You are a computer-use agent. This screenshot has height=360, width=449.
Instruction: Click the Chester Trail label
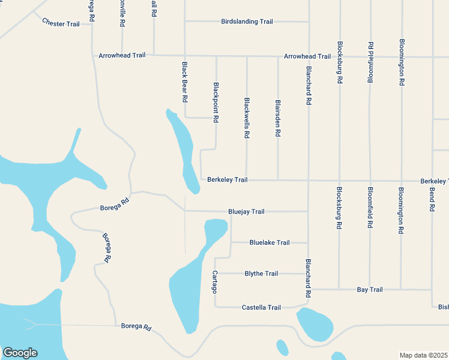tap(61, 23)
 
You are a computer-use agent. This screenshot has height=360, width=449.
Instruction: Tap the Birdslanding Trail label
tap(247, 22)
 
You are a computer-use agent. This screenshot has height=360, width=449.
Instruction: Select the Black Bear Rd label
tap(185, 82)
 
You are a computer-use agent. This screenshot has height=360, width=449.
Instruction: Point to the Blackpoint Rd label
tap(215, 102)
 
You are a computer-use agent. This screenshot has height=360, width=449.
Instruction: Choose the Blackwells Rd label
tap(247, 118)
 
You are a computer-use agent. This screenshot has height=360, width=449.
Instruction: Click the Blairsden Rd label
tap(277, 119)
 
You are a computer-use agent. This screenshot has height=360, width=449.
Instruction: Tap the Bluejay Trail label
tap(246, 212)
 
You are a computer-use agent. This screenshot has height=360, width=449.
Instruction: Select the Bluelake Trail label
tap(270, 243)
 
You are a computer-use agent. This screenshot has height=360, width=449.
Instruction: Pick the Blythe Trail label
tap(261, 274)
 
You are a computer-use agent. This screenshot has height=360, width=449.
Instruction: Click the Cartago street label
tap(214, 281)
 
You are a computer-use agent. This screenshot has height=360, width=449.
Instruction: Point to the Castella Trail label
tap(261, 308)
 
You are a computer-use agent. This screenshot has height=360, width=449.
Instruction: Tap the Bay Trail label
tap(370, 290)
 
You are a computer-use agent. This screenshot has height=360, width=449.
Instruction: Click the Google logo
tap(20, 353)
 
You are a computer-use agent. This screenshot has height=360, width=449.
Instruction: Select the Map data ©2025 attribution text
tap(423, 355)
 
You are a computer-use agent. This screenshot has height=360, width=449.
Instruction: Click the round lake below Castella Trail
tap(315, 324)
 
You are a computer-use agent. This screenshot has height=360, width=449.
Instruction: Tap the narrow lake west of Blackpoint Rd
tap(184, 150)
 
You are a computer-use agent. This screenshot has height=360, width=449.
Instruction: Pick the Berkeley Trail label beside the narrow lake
tap(228, 180)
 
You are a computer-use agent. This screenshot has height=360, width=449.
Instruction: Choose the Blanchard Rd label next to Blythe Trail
tap(308, 278)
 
